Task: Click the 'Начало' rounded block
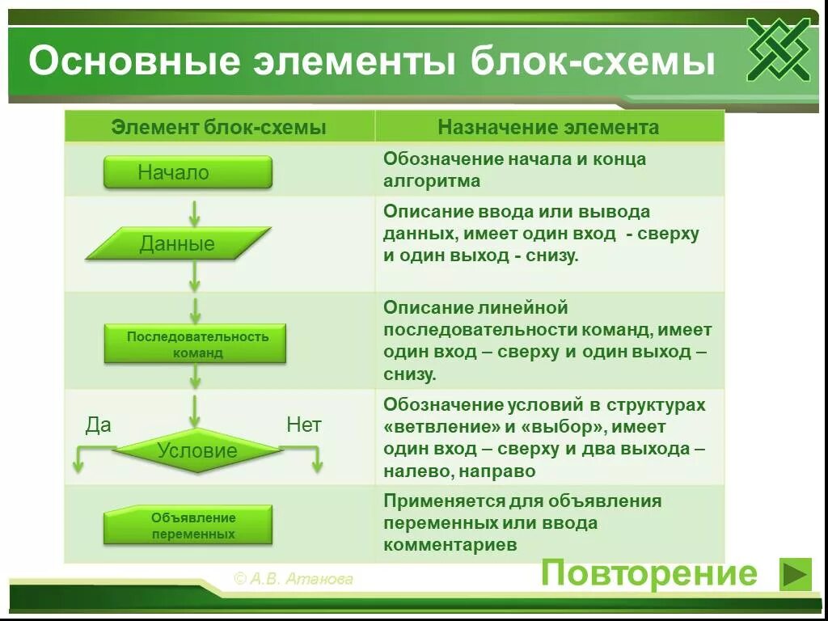(x=188, y=172)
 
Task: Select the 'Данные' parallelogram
(x=178, y=243)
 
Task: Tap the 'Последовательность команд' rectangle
(x=195, y=344)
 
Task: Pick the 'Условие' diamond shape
(x=198, y=450)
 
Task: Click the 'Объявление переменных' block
(x=188, y=526)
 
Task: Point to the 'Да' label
(x=99, y=425)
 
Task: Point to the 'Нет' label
(x=304, y=425)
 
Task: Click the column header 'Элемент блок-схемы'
(x=219, y=128)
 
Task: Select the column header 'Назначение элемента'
(x=548, y=128)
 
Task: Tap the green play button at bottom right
(x=795, y=574)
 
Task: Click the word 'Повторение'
(x=649, y=573)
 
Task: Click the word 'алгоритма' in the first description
(x=432, y=181)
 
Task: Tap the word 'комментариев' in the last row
(x=450, y=545)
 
